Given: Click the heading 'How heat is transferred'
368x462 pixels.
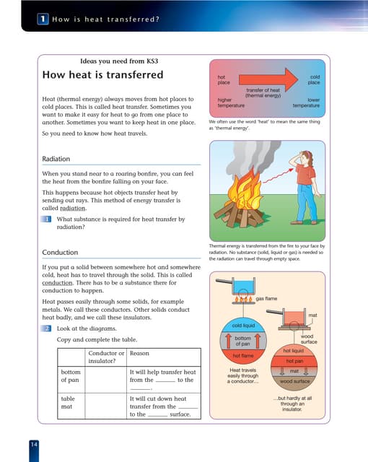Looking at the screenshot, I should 102,75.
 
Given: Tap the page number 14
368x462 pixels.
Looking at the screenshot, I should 34,443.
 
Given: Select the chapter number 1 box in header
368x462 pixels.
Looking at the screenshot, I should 45,20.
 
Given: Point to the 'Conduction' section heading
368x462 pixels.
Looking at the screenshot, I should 61,252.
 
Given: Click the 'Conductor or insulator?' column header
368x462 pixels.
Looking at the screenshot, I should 106,357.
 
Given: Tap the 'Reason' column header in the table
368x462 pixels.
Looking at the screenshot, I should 139,353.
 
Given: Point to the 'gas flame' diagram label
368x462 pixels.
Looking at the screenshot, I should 266,298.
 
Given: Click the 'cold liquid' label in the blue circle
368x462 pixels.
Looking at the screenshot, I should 243,326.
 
